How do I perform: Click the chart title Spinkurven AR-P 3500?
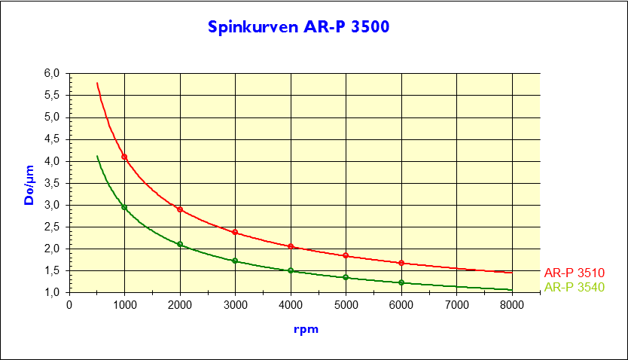[x=299, y=27]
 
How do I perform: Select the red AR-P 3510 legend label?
[x=575, y=273]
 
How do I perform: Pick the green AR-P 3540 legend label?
[x=575, y=287]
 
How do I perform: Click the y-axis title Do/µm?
[x=29, y=184]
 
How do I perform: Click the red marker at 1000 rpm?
[x=124, y=157]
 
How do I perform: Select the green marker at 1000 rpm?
[x=124, y=207]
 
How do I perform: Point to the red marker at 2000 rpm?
[x=180, y=209]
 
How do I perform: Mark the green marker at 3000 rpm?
[x=235, y=261]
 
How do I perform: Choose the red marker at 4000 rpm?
[x=291, y=246]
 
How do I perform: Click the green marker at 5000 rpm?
[x=346, y=277]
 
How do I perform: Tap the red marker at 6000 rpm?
[x=401, y=263]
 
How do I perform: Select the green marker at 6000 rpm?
[x=401, y=282]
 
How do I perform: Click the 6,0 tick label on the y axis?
[x=51, y=74]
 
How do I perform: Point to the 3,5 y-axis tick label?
[x=51, y=183]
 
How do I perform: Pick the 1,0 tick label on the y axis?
[x=51, y=292]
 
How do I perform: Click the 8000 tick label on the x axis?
[x=511, y=305]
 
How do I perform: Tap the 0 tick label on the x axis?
[x=69, y=305]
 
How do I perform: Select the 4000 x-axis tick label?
[x=291, y=305]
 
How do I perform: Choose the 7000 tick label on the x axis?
[x=456, y=305]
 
